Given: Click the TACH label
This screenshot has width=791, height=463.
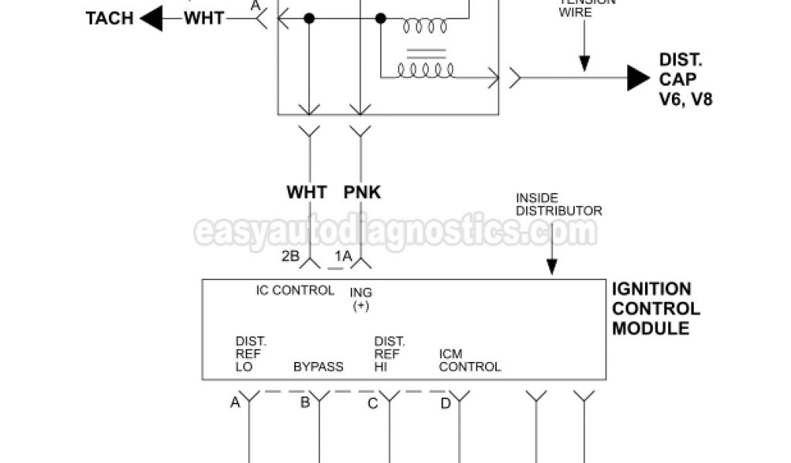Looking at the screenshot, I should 110,18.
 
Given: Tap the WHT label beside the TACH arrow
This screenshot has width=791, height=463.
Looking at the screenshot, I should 204,18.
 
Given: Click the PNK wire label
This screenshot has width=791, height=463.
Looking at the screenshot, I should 362,192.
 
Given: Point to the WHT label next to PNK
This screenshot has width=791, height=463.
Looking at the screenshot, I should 307,192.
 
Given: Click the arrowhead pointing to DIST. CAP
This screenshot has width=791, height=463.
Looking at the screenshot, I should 637,77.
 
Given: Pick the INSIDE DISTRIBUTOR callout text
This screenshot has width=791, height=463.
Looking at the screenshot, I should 558,204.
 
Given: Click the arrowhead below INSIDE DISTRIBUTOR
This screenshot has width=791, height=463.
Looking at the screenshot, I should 552,267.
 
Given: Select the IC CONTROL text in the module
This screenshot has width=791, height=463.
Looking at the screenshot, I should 295,291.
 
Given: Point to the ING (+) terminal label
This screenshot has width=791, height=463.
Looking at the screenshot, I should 361,299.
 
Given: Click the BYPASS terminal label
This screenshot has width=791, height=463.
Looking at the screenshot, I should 318,367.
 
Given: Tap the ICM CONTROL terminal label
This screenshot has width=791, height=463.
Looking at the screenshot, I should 470,360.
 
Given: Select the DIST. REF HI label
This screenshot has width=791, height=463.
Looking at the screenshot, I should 389,353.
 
